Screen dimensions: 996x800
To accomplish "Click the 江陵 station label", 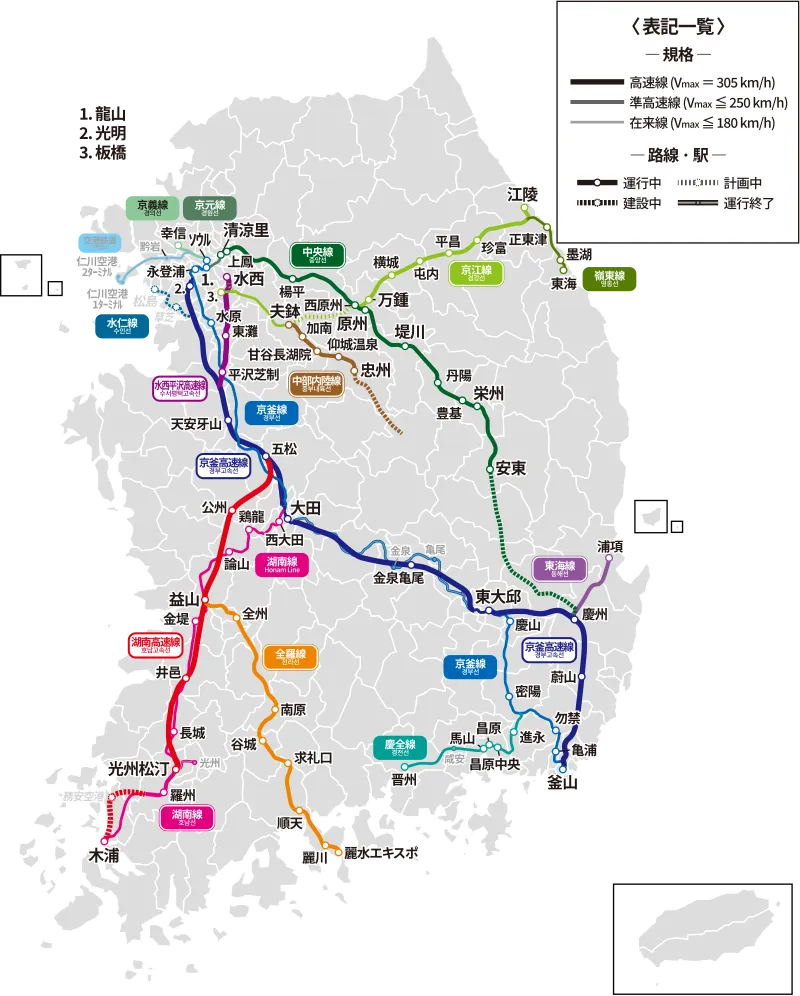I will click(523, 194).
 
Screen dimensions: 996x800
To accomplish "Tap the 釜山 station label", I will click(563, 783).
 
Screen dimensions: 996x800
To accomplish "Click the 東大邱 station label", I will click(498, 597).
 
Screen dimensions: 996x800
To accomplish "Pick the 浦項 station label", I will click(611, 546).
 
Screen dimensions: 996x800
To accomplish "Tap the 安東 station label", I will click(511, 468).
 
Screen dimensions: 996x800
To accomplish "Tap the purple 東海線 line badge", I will click(559, 569).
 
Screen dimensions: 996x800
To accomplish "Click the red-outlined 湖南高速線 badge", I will click(155, 645).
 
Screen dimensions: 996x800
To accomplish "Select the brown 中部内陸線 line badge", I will click(316, 384).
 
